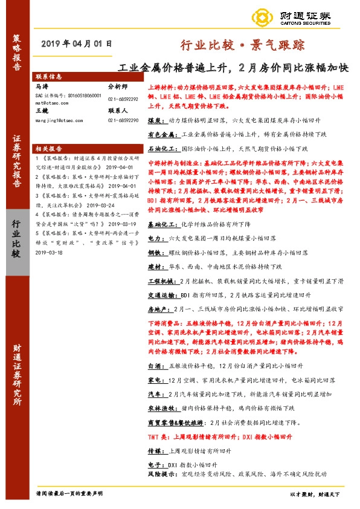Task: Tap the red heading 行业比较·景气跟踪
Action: pos(243,45)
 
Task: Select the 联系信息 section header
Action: pos(48,77)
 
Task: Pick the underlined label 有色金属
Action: pos(161,134)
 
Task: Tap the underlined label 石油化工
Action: pos(161,148)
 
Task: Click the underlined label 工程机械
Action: pos(161,264)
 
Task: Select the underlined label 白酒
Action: pos(155,365)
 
